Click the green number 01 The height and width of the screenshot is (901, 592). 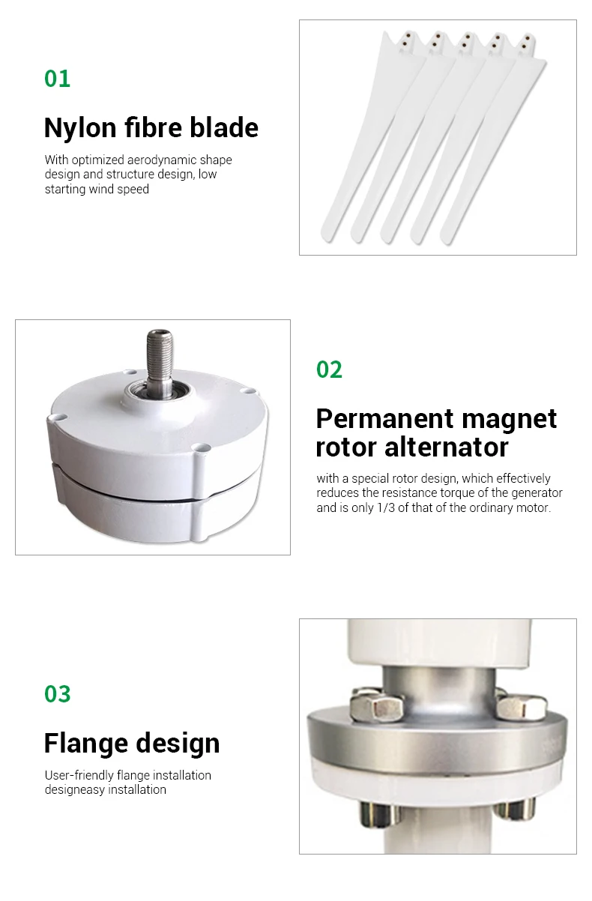(57, 79)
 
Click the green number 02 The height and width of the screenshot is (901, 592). (329, 370)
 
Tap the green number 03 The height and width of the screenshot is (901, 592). (57, 694)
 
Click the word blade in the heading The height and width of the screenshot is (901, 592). (223, 128)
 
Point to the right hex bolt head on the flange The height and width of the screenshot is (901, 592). (520, 705)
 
